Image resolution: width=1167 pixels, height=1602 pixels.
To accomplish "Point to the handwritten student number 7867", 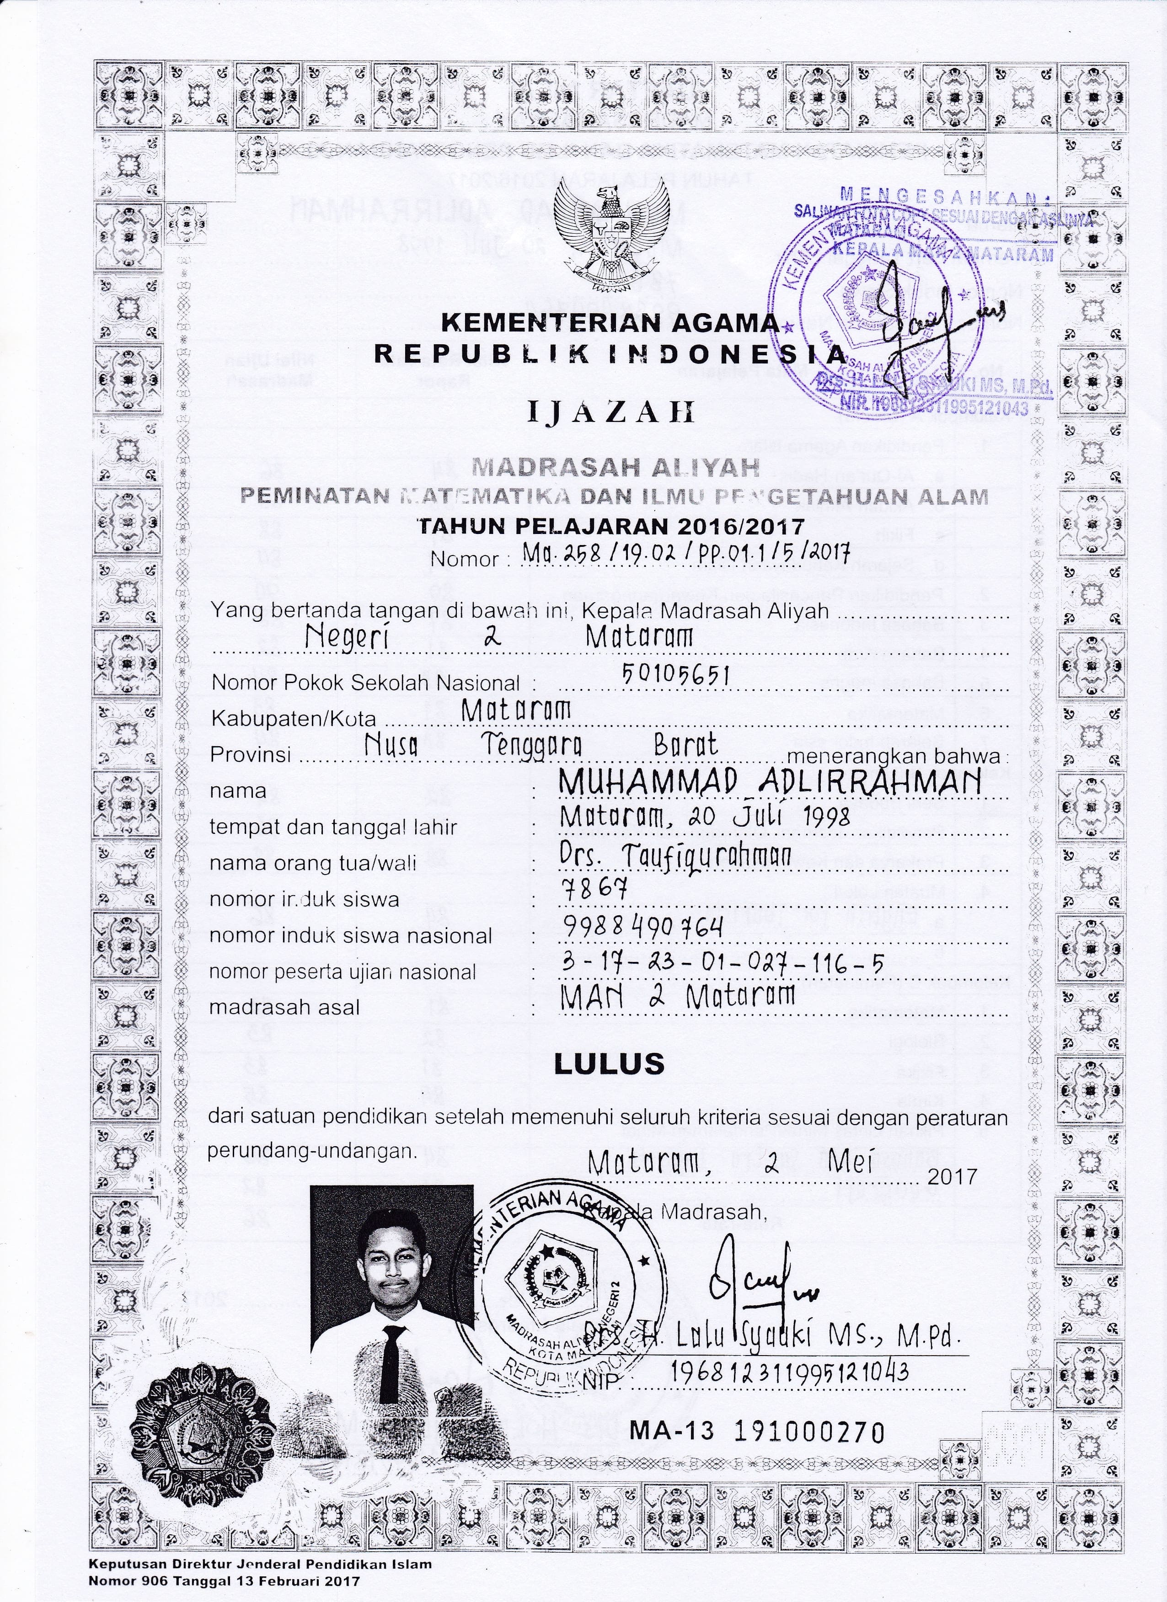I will tap(594, 891).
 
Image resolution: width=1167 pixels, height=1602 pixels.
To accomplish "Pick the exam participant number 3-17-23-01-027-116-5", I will tap(721, 963).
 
